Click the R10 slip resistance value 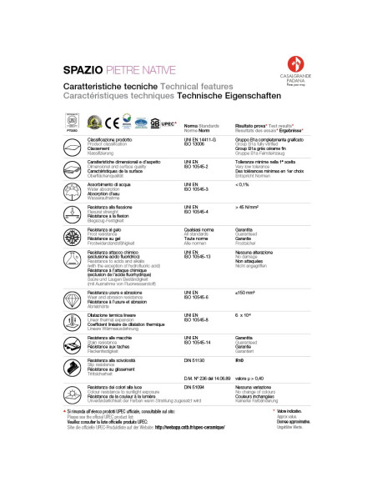coord(240,361)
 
